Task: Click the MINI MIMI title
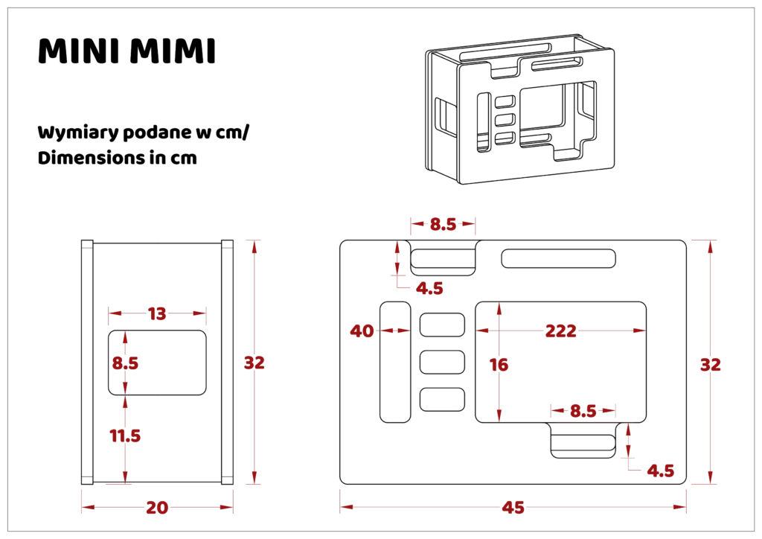127,51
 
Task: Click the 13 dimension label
157,313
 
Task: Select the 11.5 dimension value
125,436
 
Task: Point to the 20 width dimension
157,508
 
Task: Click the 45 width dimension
513,508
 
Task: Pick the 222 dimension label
561,331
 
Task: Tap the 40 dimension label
362,331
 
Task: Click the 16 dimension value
499,365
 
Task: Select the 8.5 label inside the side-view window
125,363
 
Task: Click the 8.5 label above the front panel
444,224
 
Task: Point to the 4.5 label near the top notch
429,288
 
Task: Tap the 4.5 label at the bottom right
661,471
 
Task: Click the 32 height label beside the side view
254,363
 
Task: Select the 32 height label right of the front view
711,365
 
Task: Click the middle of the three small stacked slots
442,362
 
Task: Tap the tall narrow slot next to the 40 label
395,362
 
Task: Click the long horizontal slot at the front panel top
558,258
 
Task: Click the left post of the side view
87,362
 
